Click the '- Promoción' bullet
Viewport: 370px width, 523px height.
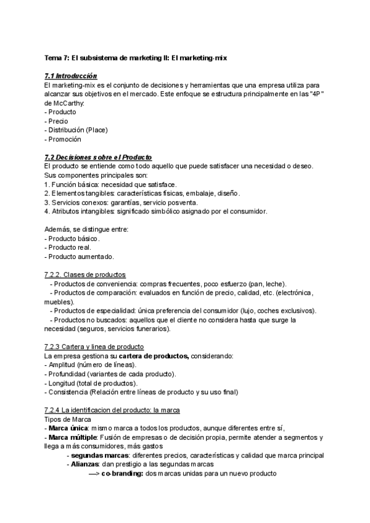(63, 139)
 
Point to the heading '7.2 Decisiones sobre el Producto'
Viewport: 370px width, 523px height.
(98, 157)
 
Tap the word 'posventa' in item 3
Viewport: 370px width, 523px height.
(182, 202)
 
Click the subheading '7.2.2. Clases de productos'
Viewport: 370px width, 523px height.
(85, 274)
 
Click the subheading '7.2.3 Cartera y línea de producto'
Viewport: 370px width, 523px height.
(94, 347)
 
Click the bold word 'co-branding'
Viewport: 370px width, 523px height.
(122, 474)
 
